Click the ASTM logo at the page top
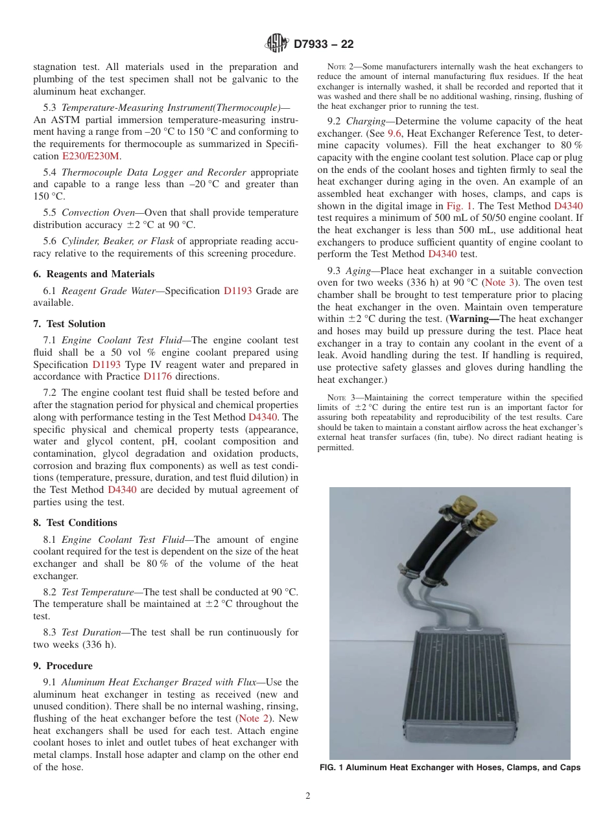277,44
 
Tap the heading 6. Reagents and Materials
93,274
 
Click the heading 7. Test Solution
69,323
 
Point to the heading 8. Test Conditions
75,523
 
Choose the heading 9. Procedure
63,666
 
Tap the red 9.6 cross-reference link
394,133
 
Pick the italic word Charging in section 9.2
366,121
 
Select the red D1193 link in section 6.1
237,291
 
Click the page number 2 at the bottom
308,796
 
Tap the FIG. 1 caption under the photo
450,768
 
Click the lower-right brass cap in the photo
484,520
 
